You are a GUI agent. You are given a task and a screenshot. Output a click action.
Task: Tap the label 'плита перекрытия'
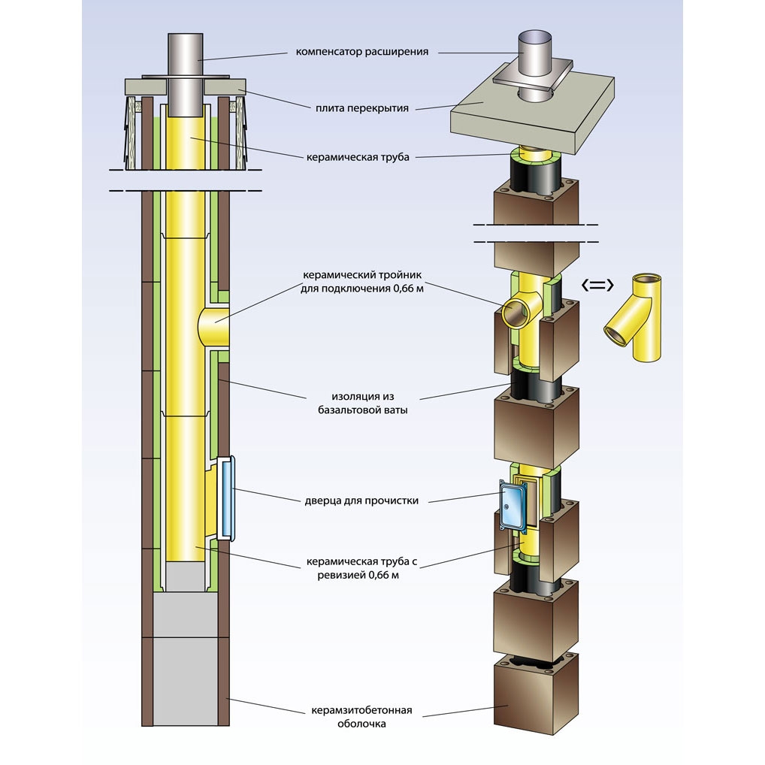click(362, 108)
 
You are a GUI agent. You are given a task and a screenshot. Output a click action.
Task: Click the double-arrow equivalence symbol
click(599, 285)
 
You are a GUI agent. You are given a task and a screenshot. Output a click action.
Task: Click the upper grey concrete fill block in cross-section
click(186, 614)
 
